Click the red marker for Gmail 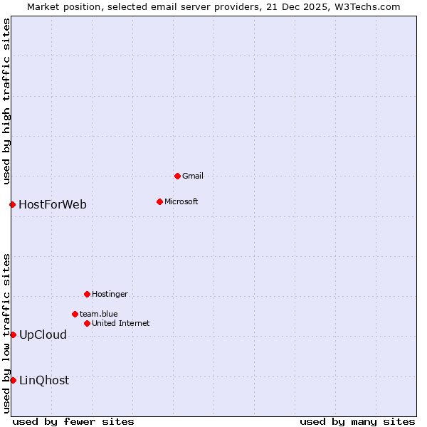pyautogui.click(x=177, y=176)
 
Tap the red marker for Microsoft pyautogui.click(x=159, y=201)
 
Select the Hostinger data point pyautogui.click(x=87, y=294)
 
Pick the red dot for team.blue pyautogui.click(x=75, y=314)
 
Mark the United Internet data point pyautogui.click(x=87, y=323)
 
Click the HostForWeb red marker pyautogui.click(x=12, y=205)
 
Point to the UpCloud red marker pyautogui.click(x=13, y=334)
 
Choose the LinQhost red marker pyautogui.click(x=13, y=380)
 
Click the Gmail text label pyautogui.click(x=193, y=176)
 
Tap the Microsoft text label pyautogui.click(x=181, y=201)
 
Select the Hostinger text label pyautogui.click(x=110, y=294)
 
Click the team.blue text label pyautogui.click(x=99, y=314)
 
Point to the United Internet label pyautogui.click(x=121, y=323)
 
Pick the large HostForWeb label pyautogui.click(x=53, y=205)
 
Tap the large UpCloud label pyautogui.click(x=43, y=334)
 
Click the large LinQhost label pyautogui.click(x=44, y=380)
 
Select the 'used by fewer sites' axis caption pyautogui.click(x=73, y=421)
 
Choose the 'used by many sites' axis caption pyautogui.click(x=357, y=421)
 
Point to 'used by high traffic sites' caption pyautogui.click(x=6, y=102)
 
